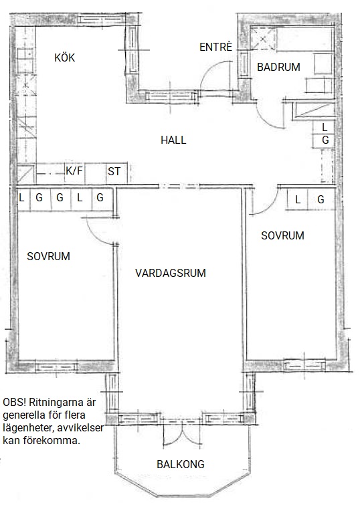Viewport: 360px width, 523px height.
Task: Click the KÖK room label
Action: click(x=65, y=58)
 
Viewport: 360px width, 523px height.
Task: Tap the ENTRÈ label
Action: click(x=215, y=47)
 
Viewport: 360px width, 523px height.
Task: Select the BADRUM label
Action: click(x=278, y=67)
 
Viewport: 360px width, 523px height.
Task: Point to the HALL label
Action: click(x=173, y=140)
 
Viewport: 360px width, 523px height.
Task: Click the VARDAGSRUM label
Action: click(x=171, y=273)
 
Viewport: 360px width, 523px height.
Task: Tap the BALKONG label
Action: click(x=181, y=464)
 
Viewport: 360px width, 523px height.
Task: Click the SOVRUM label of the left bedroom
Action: click(x=48, y=256)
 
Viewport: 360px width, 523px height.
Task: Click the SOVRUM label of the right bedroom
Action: click(x=282, y=235)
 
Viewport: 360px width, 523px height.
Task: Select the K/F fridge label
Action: click(x=74, y=171)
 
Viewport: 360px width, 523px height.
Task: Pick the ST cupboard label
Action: click(x=114, y=171)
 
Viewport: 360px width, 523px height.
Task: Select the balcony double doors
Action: click(x=182, y=433)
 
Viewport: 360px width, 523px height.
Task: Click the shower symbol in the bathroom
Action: click(x=263, y=39)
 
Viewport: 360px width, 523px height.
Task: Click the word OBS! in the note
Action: click(x=14, y=402)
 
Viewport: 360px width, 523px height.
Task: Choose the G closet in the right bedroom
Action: click(x=321, y=199)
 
